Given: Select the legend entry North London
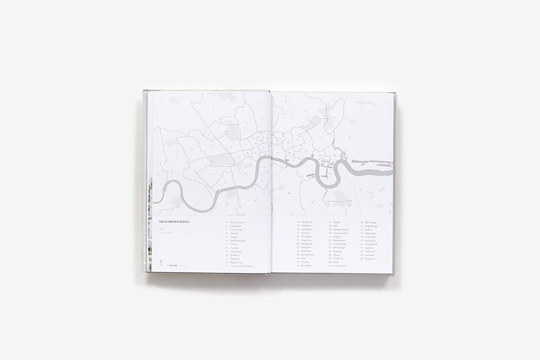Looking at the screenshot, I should tap(238, 222).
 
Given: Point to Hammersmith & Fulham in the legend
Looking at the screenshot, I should tap(242, 266).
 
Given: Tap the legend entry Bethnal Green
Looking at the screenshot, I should tap(309, 255).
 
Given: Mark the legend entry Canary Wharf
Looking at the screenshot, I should tap(341, 266).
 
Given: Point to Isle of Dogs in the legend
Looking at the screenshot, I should tap(371, 222).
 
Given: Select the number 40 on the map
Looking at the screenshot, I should tap(330, 173).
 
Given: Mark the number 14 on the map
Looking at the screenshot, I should tap(192, 149).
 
